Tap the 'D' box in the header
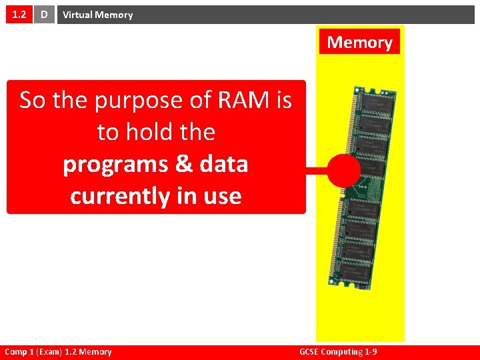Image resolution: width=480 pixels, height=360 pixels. pyautogui.click(x=45, y=14)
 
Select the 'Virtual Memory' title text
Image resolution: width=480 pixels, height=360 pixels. pyautogui.click(x=97, y=15)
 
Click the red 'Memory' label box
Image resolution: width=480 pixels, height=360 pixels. pyautogui.click(x=359, y=42)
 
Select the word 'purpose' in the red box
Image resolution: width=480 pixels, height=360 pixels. pyautogui.click(x=137, y=101)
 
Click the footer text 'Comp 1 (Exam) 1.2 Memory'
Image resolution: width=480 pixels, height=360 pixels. pyautogui.click(x=58, y=351)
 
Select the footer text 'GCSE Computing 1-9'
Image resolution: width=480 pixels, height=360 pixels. pyautogui.click(x=340, y=351)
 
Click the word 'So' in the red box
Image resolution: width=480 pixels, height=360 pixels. pyautogui.click(x=33, y=100)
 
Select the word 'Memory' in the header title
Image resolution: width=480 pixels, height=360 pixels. pyautogui.click(x=114, y=15)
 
